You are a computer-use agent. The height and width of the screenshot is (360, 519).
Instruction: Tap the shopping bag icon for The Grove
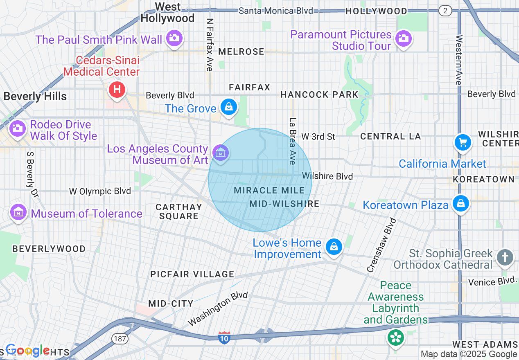tap(228, 107)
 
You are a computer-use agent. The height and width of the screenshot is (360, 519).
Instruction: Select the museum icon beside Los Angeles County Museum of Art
tap(221, 153)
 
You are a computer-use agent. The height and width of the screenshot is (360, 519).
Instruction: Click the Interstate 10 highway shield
tap(224, 337)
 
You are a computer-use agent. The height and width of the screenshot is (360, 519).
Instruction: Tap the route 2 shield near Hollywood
tap(445, 11)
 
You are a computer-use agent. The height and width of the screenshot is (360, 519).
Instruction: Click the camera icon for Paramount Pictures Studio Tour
tap(403, 39)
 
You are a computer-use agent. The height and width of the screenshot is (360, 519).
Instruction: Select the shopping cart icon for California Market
tap(463, 143)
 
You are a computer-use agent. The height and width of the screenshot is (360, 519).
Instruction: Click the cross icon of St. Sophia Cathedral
tap(505, 258)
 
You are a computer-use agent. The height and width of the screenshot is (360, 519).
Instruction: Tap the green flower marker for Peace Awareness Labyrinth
tap(396, 337)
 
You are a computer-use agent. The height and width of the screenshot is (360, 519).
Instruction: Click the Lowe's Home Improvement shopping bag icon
tap(334, 247)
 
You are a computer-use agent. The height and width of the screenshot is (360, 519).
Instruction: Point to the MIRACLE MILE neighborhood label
tap(269, 191)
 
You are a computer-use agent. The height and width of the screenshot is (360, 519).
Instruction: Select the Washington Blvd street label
tap(218, 309)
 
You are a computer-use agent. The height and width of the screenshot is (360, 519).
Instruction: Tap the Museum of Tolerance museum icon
tap(18, 212)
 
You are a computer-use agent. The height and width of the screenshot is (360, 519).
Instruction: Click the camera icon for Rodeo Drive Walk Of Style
tap(17, 128)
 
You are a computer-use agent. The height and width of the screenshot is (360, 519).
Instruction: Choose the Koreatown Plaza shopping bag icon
tap(461, 203)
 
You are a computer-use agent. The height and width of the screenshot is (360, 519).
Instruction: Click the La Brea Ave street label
tap(292, 141)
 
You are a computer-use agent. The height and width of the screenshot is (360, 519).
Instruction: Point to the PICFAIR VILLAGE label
tap(192, 274)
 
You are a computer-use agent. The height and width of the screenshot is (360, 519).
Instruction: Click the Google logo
tap(27, 350)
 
